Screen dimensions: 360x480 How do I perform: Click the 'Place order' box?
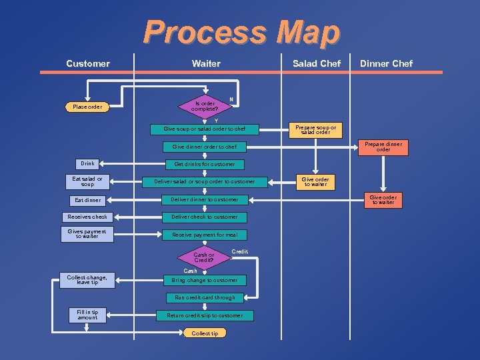tap(87, 107)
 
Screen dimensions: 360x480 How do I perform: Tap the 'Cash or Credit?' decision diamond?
tap(203, 257)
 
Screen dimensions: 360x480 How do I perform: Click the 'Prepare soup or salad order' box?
tap(315, 130)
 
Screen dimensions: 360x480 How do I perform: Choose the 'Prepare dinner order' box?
tap(383, 147)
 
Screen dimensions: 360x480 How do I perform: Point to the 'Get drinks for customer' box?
tap(204, 164)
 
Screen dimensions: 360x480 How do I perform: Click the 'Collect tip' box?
tap(205, 333)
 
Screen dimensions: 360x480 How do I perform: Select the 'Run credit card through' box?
tap(205, 297)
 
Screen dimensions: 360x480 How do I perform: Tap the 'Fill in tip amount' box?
tap(87, 315)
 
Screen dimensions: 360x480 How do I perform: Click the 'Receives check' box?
tap(87, 217)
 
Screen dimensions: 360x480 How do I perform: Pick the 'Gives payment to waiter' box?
tap(87, 233)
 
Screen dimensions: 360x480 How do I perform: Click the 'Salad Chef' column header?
tap(316, 63)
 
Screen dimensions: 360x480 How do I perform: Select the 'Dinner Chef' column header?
tap(386, 63)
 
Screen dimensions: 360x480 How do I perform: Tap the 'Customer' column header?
tap(88, 63)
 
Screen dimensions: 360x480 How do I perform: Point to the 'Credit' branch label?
tap(239, 251)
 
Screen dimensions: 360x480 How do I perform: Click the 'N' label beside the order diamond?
tap(231, 99)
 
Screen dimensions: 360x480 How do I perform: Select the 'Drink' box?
tap(87, 163)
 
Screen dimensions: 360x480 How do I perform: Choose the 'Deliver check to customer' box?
tap(204, 217)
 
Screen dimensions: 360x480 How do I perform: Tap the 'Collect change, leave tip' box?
tap(87, 280)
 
